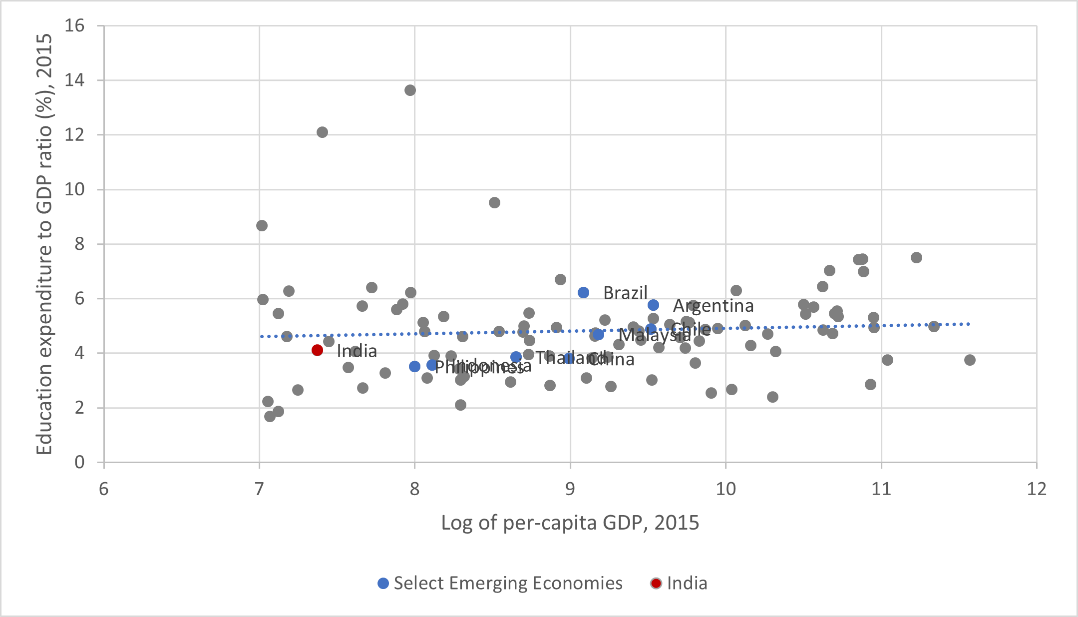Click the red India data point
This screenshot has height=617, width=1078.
[317, 350]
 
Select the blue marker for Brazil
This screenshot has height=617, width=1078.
[583, 293]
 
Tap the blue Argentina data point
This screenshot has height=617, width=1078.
[653, 305]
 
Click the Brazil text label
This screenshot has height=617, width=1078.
[625, 293]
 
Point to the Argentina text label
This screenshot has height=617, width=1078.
[713, 306]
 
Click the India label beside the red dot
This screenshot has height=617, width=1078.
[357, 351]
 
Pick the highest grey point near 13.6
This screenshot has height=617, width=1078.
[410, 90]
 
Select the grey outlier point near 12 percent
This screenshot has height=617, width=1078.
[322, 132]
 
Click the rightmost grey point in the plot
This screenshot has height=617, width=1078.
[970, 360]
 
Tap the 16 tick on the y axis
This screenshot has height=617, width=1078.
[74, 25]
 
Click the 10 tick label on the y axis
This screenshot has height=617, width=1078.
[74, 189]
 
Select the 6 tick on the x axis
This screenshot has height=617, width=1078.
[104, 489]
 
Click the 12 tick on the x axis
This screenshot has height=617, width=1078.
[1037, 489]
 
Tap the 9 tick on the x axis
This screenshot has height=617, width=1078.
[570, 489]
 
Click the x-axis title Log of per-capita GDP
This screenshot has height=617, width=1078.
[570, 523]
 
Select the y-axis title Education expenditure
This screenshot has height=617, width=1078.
[44, 244]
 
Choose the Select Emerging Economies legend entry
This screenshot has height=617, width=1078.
[500, 583]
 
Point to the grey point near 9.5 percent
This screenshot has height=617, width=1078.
[494, 203]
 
